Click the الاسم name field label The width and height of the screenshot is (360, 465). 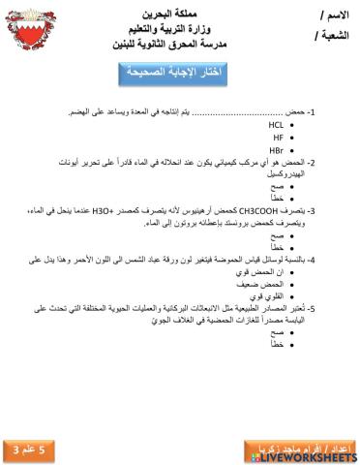point(334,15)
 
